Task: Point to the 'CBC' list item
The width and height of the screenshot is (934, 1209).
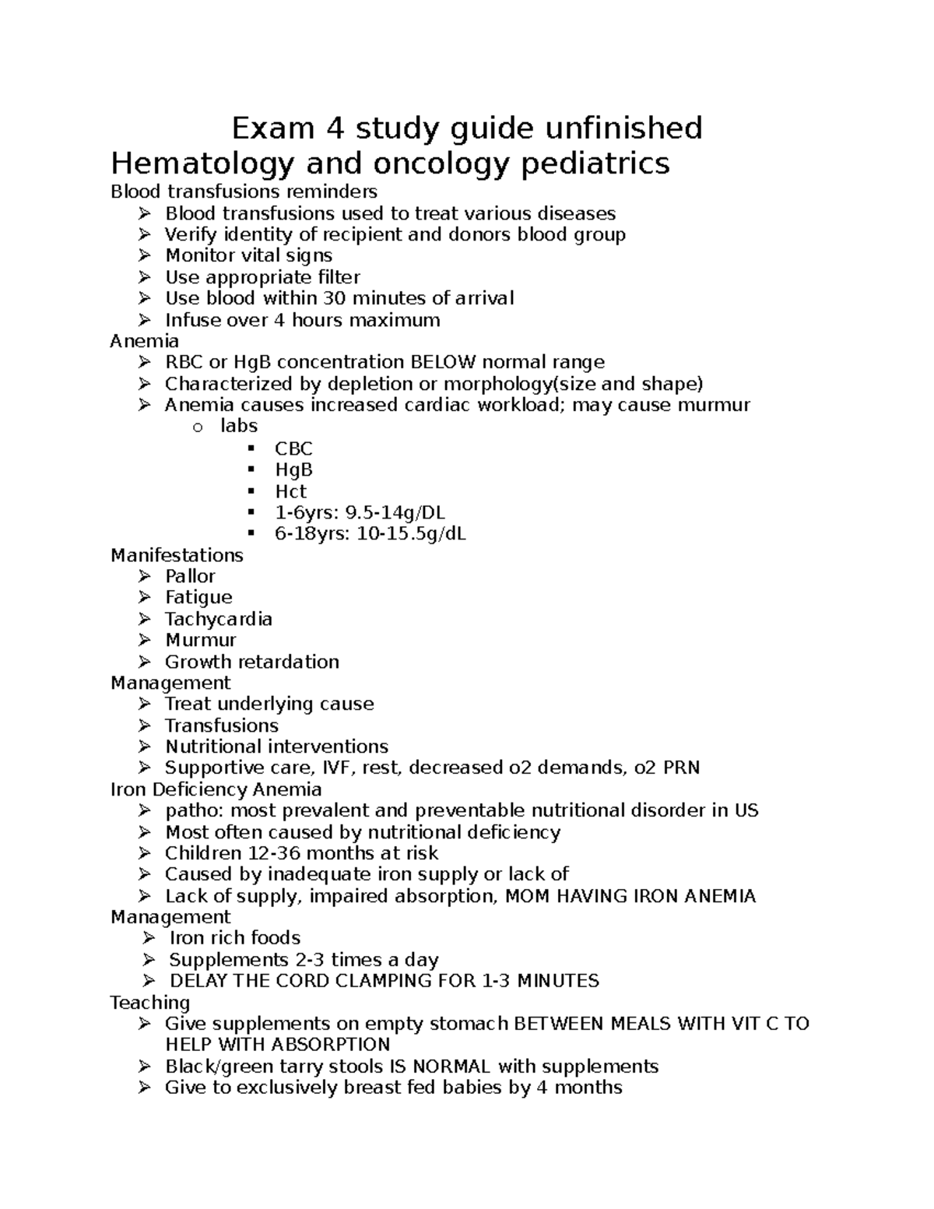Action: coord(293,448)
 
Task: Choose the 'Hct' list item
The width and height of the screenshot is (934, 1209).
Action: coord(290,491)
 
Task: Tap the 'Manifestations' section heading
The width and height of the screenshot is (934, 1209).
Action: coord(177,555)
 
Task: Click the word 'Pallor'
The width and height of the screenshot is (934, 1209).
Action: coord(190,576)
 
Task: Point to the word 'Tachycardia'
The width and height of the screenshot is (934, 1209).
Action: coord(219,619)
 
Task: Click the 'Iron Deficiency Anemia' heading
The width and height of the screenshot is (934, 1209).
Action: coord(216,789)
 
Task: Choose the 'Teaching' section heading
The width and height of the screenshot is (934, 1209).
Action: coord(150,1002)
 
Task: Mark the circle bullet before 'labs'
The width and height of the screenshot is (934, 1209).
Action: coord(198,427)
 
